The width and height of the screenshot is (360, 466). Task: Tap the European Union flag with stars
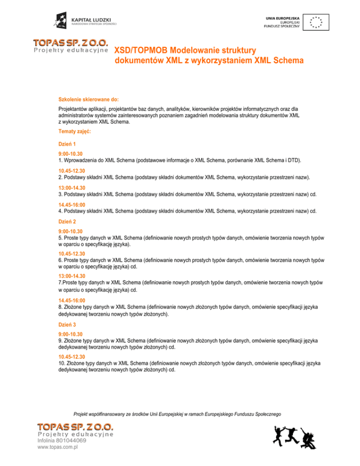pos(316,21)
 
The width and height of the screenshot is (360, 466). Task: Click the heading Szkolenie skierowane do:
pos(88,99)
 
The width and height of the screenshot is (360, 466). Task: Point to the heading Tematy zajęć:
pos(74,132)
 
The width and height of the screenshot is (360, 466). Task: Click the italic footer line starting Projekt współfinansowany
pos(177,414)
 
